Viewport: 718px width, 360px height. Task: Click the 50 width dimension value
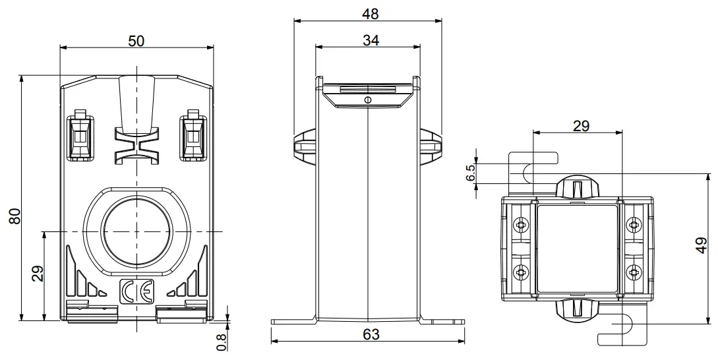pos(136,40)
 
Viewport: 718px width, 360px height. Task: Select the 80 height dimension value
pos(14,217)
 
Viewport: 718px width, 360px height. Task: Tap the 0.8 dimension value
pos(222,341)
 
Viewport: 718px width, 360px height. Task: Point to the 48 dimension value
pos(371,13)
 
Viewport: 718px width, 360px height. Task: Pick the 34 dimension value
pos(371,40)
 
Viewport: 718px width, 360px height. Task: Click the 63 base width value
pos(371,334)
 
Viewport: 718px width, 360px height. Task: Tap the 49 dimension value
pos(703,247)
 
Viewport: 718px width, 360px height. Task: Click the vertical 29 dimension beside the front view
pos(37,273)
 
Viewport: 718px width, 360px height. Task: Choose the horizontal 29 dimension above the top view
pos(581,126)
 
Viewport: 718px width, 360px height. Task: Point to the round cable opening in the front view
pos(136,231)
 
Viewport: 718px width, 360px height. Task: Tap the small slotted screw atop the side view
pos(367,100)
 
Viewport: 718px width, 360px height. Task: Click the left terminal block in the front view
pos(81,135)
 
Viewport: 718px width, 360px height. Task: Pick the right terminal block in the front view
pos(193,135)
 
